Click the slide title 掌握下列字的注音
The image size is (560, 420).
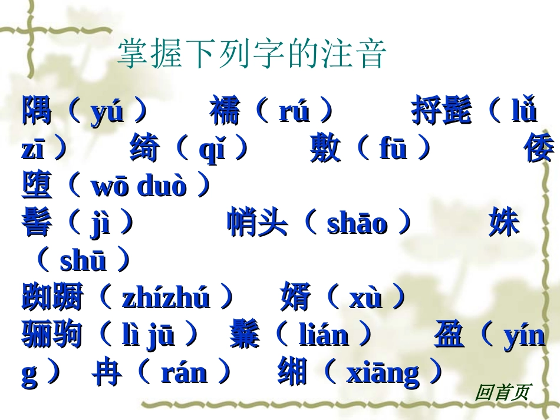(252, 55)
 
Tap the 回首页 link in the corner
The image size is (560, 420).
(502, 392)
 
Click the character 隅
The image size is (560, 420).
(37, 111)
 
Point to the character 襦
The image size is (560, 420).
(225, 111)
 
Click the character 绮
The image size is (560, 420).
(144, 149)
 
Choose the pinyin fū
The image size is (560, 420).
(393, 150)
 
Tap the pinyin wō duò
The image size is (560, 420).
(139, 187)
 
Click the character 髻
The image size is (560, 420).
(37, 223)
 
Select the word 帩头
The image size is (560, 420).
(257, 223)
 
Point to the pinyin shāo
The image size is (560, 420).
(357, 224)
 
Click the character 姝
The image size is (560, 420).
(504, 223)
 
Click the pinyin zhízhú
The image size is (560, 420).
(166, 299)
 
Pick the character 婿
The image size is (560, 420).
(295, 297)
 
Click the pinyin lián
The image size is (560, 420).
(324, 336)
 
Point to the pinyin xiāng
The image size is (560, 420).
(383, 373)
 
